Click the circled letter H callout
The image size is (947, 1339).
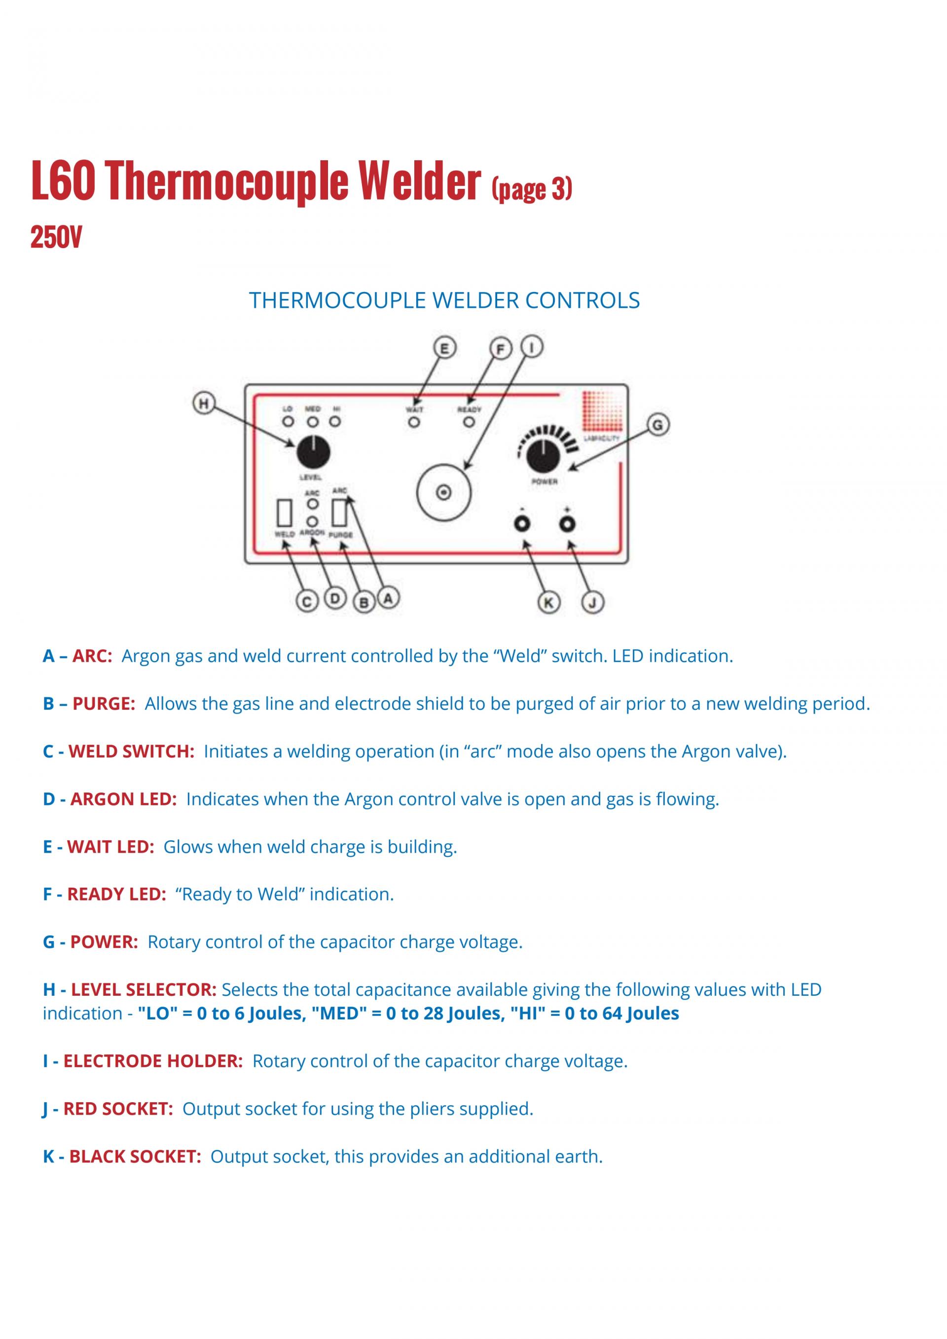(204, 403)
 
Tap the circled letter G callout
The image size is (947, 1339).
(658, 425)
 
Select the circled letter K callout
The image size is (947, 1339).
(548, 603)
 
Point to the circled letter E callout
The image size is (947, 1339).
(444, 348)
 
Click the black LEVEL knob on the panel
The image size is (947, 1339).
(313, 452)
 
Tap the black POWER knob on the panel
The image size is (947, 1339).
(544, 457)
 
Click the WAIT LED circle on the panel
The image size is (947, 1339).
(414, 422)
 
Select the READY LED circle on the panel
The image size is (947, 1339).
(469, 422)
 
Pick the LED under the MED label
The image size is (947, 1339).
(313, 421)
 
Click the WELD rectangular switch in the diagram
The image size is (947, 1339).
(285, 512)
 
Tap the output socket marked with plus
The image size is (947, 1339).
(567, 524)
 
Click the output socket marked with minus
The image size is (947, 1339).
(522, 524)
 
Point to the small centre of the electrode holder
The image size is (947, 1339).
(444, 493)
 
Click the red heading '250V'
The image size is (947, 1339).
(57, 237)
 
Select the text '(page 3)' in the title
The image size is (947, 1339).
(532, 189)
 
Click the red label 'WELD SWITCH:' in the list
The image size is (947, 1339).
(131, 751)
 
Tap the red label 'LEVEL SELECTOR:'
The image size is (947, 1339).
(144, 989)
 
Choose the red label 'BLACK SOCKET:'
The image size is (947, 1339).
(135, 1157)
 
